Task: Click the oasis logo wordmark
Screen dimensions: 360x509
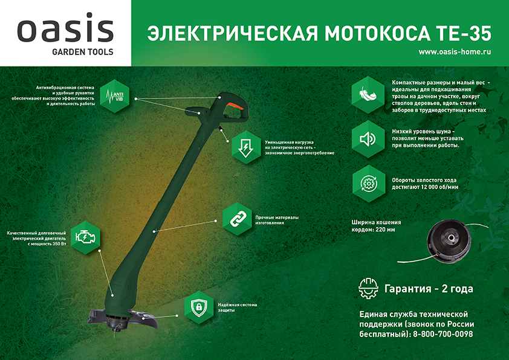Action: pyautogui.click(x=65, y=30)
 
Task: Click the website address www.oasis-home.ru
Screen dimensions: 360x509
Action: pyautogui.click(x=455, y=52)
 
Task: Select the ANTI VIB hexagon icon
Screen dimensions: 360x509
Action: pyautogui.click(x=114, y=95)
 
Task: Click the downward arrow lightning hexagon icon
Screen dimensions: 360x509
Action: pyautogui.click(x=247, y=147)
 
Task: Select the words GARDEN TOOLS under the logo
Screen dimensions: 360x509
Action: pyautogui.click(x=65, y=52)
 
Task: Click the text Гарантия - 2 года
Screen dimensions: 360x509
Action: pyautogui.click(x=429, y=288)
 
